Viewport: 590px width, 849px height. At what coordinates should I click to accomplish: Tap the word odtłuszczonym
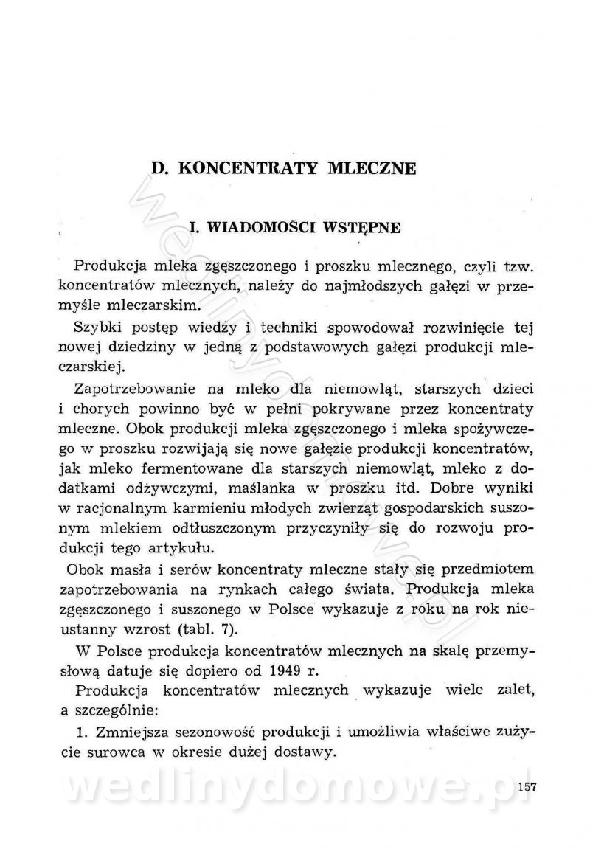[x=199, y=529]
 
